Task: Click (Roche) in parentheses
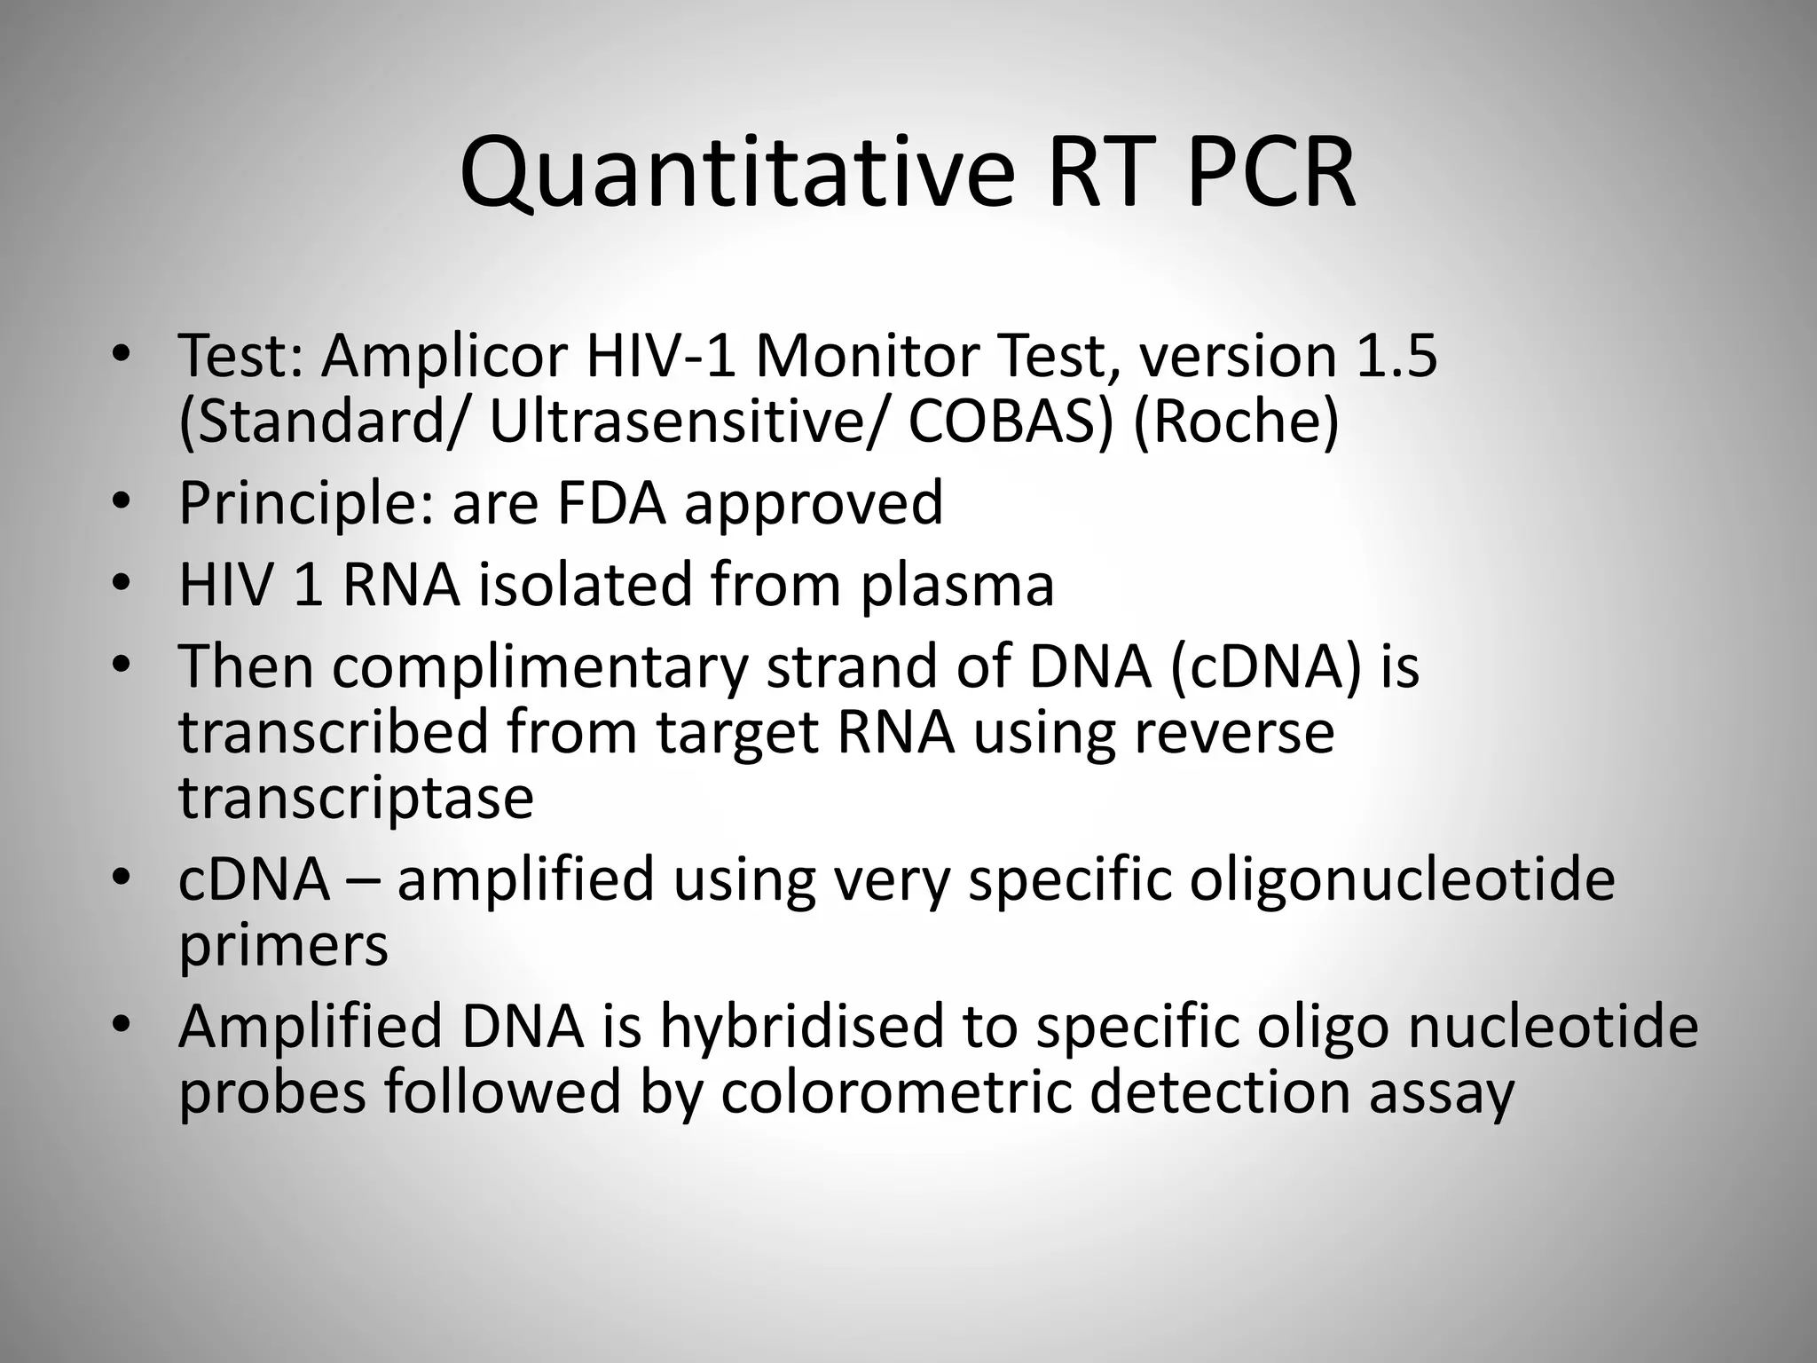(1235, 422)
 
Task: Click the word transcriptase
(356, 797)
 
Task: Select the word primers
(283, 945)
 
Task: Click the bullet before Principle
(122, 503)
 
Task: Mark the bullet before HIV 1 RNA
(122, 584)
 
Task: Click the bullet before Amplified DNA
(122, 1026)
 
